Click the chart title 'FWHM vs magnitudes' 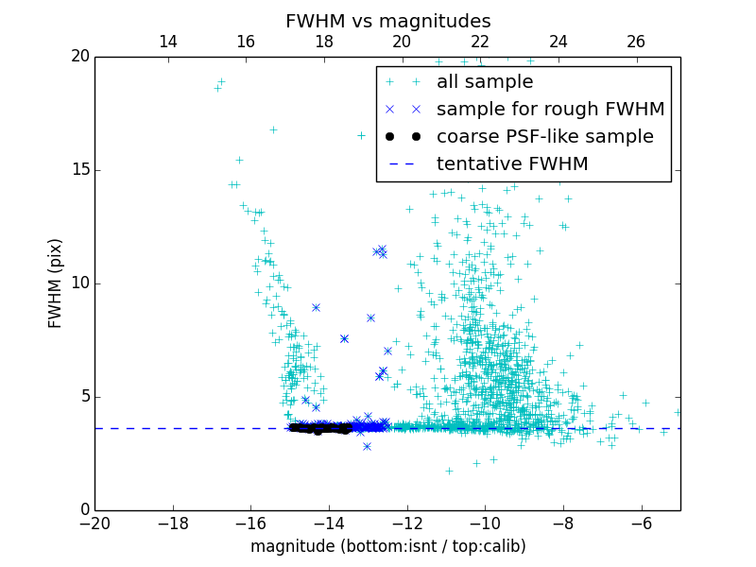[x=387, y=21]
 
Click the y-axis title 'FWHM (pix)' [x=56, y=283]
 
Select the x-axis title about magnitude [x=387, y=546]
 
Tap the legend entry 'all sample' [x=485, y=82]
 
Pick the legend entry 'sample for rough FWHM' [x=550, y=110]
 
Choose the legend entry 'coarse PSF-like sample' [x=544, y=137]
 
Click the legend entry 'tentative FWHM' [x=512, y=164]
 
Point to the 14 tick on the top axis [x=168, y=42]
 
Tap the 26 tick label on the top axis [x=636, y=42]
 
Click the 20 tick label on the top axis [x=402, y=42]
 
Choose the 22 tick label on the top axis [x=480, y=42]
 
